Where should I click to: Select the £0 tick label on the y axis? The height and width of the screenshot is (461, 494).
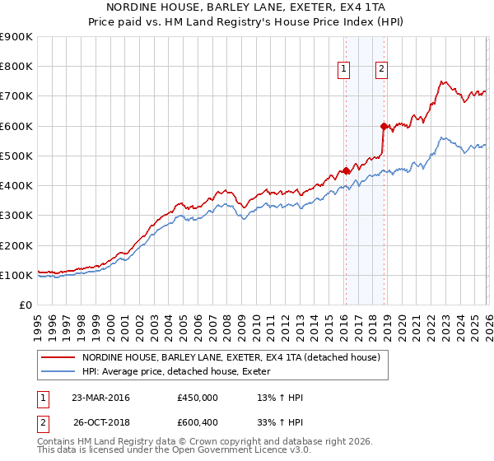(25, 305)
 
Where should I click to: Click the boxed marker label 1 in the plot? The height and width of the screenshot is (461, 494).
(343, 70)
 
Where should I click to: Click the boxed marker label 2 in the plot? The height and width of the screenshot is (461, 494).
(382, 70)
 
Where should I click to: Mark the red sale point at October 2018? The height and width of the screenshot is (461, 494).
(384, 126)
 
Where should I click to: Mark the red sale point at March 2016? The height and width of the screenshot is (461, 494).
(346, 170)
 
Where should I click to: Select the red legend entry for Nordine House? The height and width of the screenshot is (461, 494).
(231, 358)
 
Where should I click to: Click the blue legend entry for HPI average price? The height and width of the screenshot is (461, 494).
(181, 372)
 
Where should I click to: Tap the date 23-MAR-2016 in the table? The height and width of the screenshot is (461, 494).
(100, 398)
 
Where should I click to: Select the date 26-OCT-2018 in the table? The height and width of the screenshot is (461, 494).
(100, 424)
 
